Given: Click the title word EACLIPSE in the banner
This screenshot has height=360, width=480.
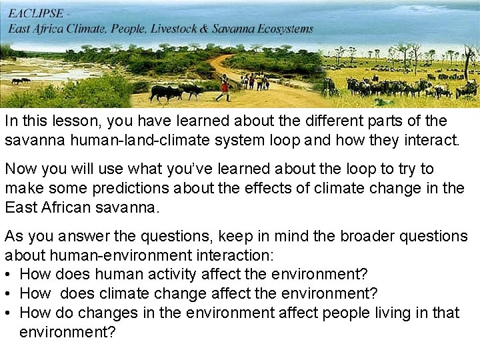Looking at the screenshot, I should (x=36, y=13).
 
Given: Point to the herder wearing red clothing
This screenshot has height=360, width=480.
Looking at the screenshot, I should (x=225, y=87).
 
